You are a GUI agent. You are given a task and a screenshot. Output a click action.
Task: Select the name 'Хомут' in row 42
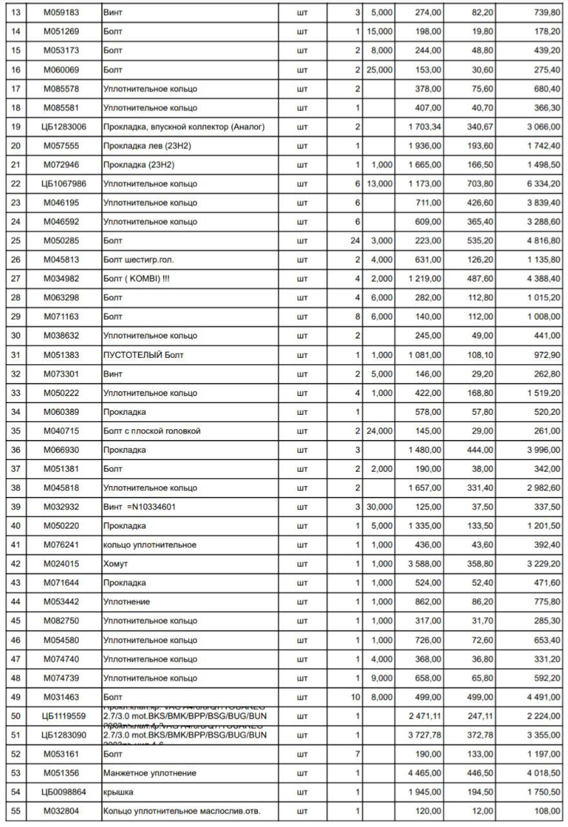[116, 564]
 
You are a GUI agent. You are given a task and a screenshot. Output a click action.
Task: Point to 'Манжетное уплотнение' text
[150, 773]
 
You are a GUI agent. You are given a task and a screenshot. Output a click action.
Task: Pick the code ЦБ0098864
[63, 792]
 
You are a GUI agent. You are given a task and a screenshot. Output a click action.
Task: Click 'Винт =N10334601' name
[140, 507]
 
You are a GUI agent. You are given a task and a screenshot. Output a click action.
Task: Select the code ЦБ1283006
[63, 127]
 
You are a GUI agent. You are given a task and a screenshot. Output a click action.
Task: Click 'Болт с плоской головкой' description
[152, 431]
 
